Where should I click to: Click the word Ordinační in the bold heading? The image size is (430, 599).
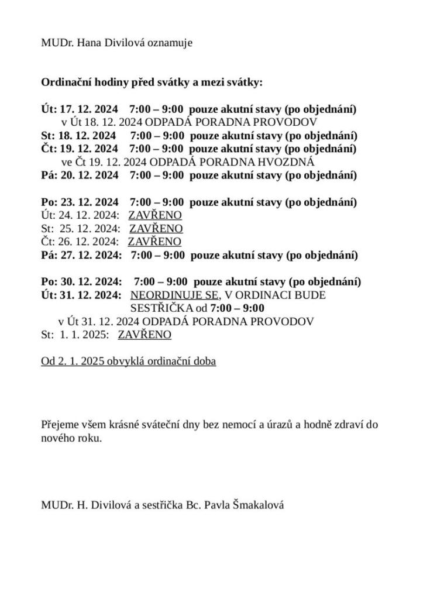[64, 82]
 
